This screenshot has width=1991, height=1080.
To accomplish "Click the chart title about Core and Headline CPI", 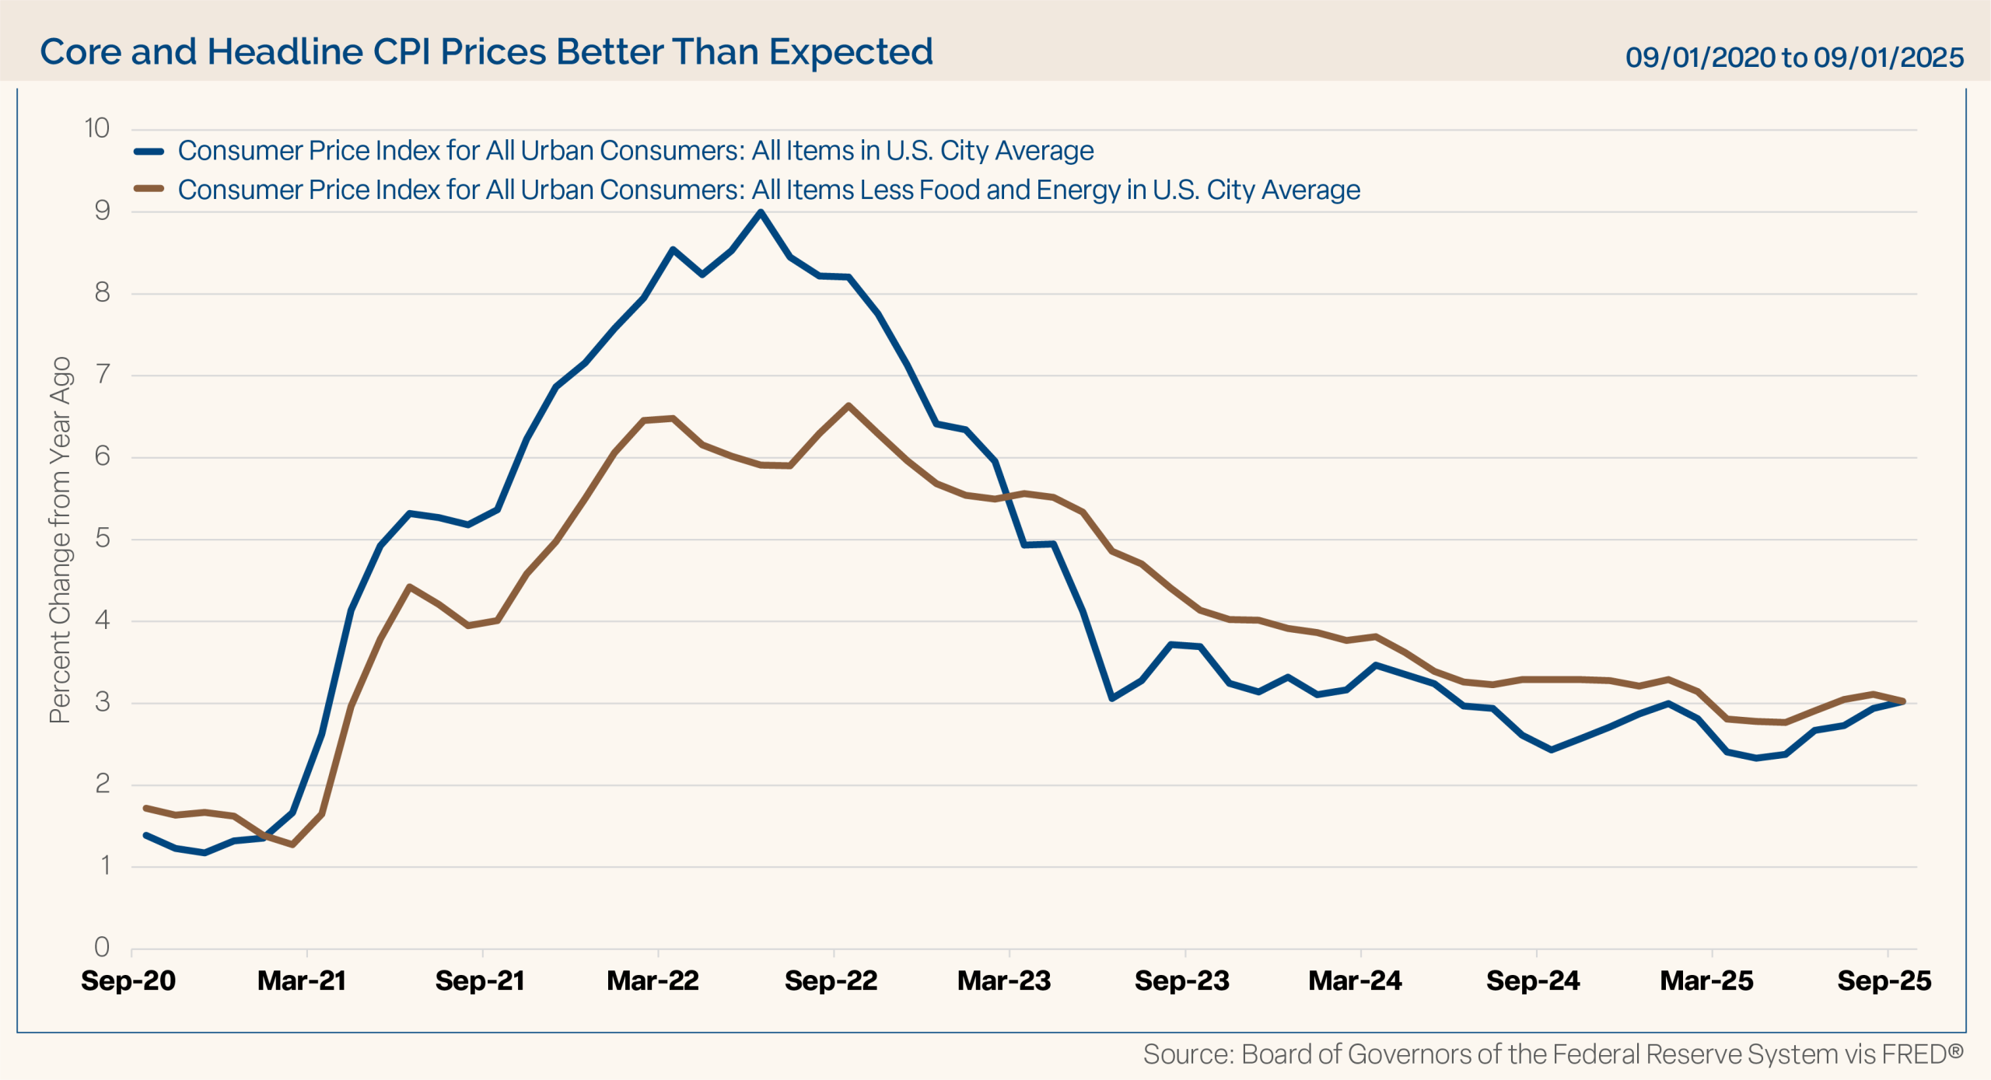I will pos(486,52).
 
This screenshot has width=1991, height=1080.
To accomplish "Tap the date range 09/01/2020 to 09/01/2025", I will pos(1794,57).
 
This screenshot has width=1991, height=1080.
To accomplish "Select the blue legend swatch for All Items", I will pos(149,152).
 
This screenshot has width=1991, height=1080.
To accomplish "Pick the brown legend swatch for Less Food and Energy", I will pos(149,188).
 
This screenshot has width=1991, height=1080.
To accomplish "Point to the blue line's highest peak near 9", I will pos(760,212).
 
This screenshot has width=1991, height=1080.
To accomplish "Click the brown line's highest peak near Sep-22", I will pos(848,405).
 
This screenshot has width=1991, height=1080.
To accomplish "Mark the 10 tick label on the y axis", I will pos(97,128).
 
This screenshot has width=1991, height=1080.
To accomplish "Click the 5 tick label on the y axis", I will pos(102,538).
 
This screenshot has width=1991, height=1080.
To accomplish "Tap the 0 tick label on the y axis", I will pos(102,947).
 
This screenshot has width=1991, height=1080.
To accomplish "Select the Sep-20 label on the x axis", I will pos(128,980).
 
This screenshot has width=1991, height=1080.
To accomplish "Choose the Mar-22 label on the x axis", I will pos(653,980).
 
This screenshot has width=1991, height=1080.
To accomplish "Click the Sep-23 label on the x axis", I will pos(1182,980).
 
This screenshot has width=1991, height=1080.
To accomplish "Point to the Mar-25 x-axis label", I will pos(1706,980).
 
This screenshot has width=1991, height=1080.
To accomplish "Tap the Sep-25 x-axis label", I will pos(1884,980).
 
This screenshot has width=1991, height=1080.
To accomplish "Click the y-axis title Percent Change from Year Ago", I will pos(61,540).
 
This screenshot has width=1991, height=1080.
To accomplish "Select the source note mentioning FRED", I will pos(1552,1054).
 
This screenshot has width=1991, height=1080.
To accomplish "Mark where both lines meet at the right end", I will pos(1902,701).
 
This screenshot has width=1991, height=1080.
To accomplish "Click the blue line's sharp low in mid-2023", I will pos(1111,698).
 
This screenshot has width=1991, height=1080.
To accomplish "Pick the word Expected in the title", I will pos(851,52).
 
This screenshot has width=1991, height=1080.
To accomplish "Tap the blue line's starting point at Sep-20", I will pos(146,835).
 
